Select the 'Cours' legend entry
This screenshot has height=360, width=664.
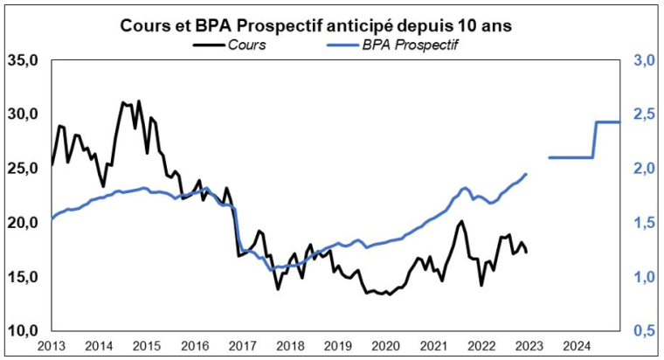coord(246,44)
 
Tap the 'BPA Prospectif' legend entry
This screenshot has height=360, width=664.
coord(410,44)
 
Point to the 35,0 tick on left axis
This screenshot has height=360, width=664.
coord(23,60)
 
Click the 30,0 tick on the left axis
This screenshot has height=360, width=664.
coord(23,114)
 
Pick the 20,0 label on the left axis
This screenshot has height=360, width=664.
coord(23,223)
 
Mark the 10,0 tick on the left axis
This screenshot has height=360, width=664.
coord(23,331)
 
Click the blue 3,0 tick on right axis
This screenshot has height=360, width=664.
coord(644,60)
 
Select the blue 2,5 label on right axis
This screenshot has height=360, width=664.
coord(644,114)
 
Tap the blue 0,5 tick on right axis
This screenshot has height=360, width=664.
coord(644,331)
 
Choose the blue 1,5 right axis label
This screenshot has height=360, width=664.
coord(644,223)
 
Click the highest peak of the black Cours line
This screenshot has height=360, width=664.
coord(139,100)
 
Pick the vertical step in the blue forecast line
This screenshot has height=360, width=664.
coord(595,140)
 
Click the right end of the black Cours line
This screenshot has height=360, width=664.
coord(527,252)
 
